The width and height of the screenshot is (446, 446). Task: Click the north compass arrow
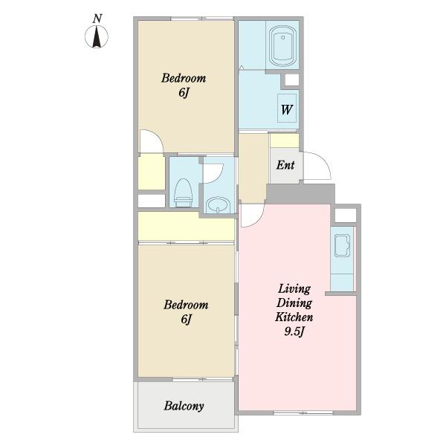pyautogui.click(x=97, y=36)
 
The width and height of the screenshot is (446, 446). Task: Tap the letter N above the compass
pyautogui.click(x=97, y=19)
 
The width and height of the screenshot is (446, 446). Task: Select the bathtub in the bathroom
pyautogui.click(x=282, y=46)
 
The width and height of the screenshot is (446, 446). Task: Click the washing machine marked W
pyautogui.click(x=287, y=109)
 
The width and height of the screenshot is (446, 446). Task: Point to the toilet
pyautogui.click(x=184, y=193)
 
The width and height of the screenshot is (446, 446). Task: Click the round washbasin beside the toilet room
pyautogui.click(x=218, y=204)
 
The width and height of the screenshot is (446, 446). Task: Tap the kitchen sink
pyautogui.click(x=342, y=245)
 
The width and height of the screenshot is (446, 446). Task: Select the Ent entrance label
pyautogui.click(x=285, y=165)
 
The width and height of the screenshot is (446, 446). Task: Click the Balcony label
pyautogui.click(x=184, y=406)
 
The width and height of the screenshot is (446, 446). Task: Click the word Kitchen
pyautogui.click(x=294, y=317)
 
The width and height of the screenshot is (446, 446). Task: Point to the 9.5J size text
pyautogui.click(x=294, y=331)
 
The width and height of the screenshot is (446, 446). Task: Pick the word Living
pyautogui.click(x=294, y=289)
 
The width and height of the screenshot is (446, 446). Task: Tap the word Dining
pyautogui.click(x=294, y=303)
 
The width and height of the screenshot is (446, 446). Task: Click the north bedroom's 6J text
pyautogui.click(x=184, y=92)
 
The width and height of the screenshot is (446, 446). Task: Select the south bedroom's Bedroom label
pyautogui.click(x=186, y=305)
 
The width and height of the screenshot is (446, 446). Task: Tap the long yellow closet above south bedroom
pyautogui.click(x=187, y=227)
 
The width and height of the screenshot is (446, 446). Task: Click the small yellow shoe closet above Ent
pyautogui.click(x=285, y=140)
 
